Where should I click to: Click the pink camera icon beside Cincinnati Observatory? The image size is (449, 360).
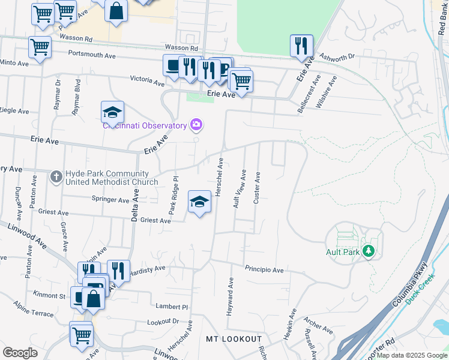pyautogui.click(x=196, y=125)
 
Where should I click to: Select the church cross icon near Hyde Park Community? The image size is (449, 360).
pyautogui.click(x=56, y=176)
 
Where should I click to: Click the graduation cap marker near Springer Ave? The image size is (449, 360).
pyautogui.click(x=199, y=202)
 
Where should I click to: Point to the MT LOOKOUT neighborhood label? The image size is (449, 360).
pyautogui.click(x=234, y=339)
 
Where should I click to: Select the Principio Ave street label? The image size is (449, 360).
pyautogui.click(x=264, y=270)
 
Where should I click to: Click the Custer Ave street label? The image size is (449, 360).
pyautogui.click(x=257, y=188)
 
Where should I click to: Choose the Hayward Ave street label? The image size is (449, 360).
pyautogui.click(x=230, y=296)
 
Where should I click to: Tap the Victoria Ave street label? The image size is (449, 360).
pyautogui.click(x=147, y=79)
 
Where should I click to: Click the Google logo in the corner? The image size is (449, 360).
pyautogui.click(x=20, y=353)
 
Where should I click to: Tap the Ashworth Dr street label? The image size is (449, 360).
pyautogui.click(x=337, y=56)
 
